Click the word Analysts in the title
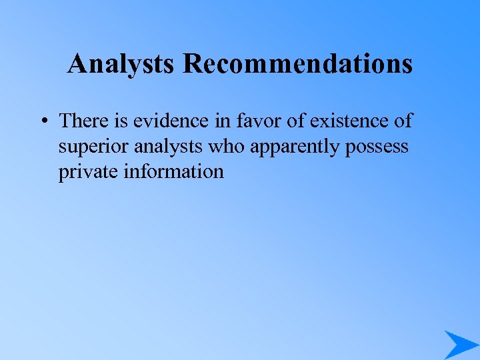[x=122, y=64]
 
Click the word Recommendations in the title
[x=297, y=64]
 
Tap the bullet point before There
[x=43, y=122]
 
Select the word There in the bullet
[x=83, y=121]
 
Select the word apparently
[x=295, y=147]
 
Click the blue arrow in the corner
[x=460, y=344]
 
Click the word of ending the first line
[x=403, y=121]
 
